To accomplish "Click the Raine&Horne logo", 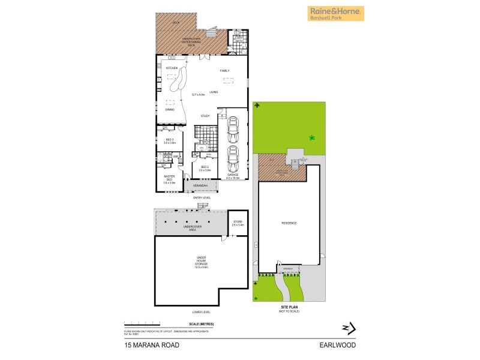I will tap(336, 13).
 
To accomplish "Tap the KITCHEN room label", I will tap(165, 68).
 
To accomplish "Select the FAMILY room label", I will tap(224, 71).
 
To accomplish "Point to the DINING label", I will tap(170, 109).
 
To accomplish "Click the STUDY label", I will tap(205, 116).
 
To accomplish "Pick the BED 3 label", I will tap(169, 141).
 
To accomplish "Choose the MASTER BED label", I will tap(169, 178).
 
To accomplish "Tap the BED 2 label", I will tap(205, 167).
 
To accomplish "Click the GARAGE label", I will tap(233, 175).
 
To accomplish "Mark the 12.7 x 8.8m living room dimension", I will tap(199, 95).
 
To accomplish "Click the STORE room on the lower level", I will tap(238, 224).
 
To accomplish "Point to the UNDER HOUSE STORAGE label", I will tap(201, 262).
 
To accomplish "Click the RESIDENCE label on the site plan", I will tap(289, 223).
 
